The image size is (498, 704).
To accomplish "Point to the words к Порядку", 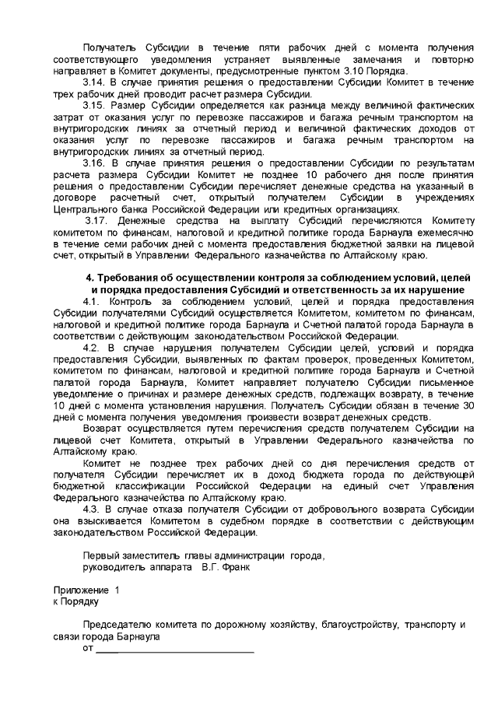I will [x=75, y=601].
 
